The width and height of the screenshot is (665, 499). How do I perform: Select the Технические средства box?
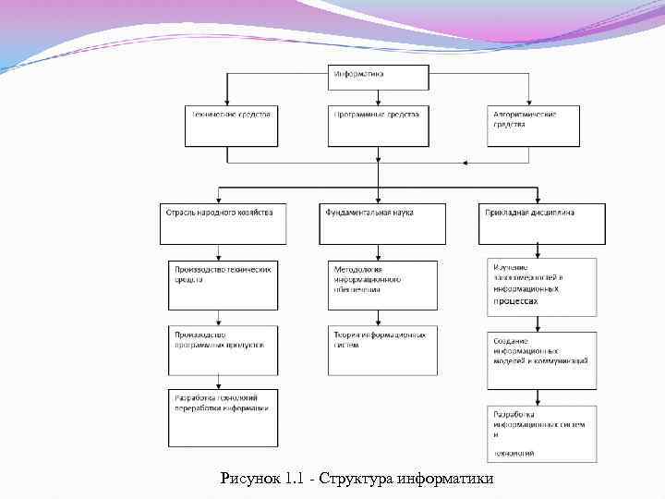pos(230,127)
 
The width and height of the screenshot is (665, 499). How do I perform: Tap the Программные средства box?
pos(379,127)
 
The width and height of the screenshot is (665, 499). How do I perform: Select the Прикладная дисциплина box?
pos(542,224)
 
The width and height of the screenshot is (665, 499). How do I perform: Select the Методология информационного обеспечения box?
pos(382,285)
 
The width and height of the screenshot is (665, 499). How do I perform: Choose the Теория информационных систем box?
pos(382,349)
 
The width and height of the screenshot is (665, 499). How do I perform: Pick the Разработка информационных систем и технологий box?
pos(542,433)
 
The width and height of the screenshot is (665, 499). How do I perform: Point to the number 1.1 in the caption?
pos(295,479)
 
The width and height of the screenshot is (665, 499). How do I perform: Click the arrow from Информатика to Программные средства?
pos(379,97)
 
